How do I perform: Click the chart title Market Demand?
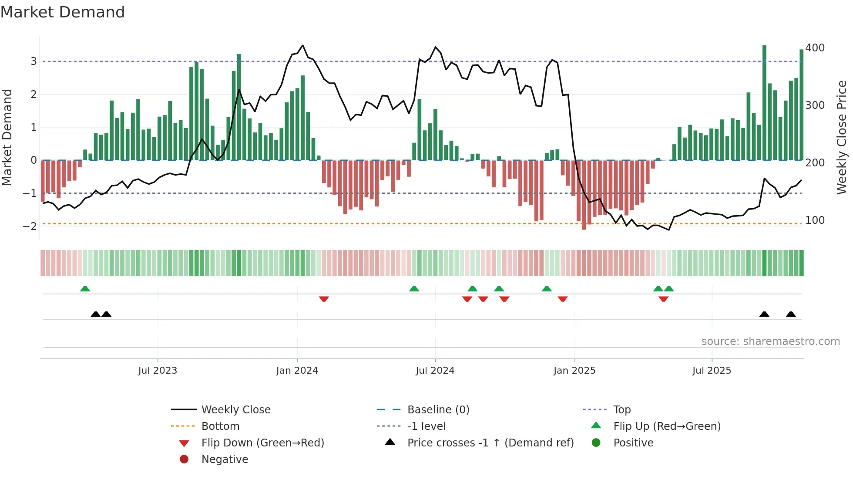[x=63, y=12]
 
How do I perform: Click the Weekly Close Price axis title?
[x=842, y=137]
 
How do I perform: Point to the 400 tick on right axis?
[x=815, y=47]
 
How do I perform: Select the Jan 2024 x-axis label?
[x=297, y=371]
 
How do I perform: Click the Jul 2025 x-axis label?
[x=712, y=371]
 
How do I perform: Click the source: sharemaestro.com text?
[x=770, y=341]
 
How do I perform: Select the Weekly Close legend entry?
[x=235, y=410]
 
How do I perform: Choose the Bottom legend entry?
[x=220, y=426]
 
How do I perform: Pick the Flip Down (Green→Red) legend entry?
[x=262, y=443]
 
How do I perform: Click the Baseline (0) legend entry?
[x=438, y=410]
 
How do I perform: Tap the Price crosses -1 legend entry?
[x=490, y=443]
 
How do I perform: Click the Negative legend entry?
[x=225, y=460]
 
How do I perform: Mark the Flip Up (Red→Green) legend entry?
[x=667, y=426]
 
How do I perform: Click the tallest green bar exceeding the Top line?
[x=764, y=102]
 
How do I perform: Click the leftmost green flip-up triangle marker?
[x=85, y=289]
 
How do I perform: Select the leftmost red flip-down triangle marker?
[x=324, y=299]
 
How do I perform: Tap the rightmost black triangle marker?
[x=791, y=314]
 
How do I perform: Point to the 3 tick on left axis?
[x=34, y=61]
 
